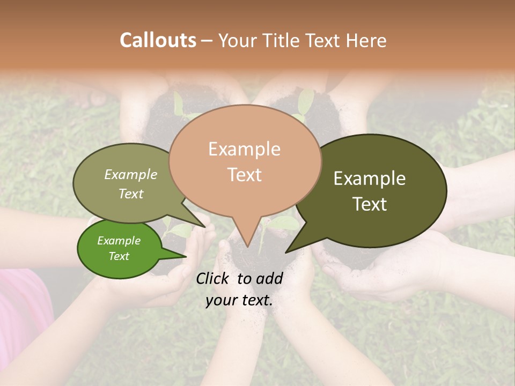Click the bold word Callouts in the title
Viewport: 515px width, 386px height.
[x=158, y=40]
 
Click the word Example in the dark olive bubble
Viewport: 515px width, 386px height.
[x=370, y=179]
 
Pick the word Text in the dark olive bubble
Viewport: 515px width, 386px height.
[x=370, y=204]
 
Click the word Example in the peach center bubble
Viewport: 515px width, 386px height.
[x=244, y=149]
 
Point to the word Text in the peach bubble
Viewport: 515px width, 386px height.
[x=244, y=175]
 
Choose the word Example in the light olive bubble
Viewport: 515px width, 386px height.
[x=131, y=174]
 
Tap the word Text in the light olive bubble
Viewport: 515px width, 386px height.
[x=131, y=194]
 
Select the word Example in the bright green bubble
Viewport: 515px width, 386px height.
[x=119, y=241]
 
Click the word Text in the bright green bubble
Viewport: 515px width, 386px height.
[x=119, y=256]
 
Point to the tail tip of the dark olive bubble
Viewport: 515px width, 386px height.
[x=287, y=251]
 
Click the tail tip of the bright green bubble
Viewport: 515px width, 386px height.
[x=185, y=257]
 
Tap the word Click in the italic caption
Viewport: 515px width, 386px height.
[x=214, y=278]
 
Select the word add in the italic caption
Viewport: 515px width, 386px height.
[x=270, y=278]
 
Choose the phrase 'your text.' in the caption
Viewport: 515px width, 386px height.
[x=239, y=300]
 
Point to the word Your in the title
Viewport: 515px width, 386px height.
[x=237, y=40]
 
